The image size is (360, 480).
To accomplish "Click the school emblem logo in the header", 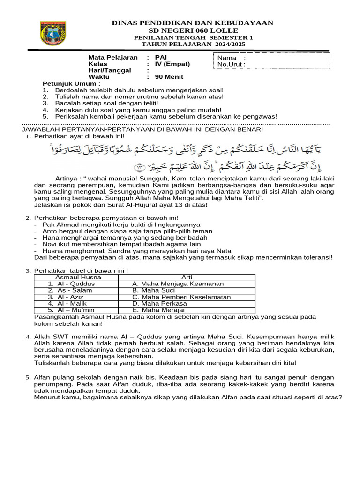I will pyautogui.click(x=53, y=33).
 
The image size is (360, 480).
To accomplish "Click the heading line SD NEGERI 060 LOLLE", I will pyautogui.click(x=193, y=30).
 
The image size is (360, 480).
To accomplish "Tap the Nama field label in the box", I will pyautogui.click(x=227, y=58).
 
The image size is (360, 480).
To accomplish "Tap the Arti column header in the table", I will pyautogui.click(x=187, y=277).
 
